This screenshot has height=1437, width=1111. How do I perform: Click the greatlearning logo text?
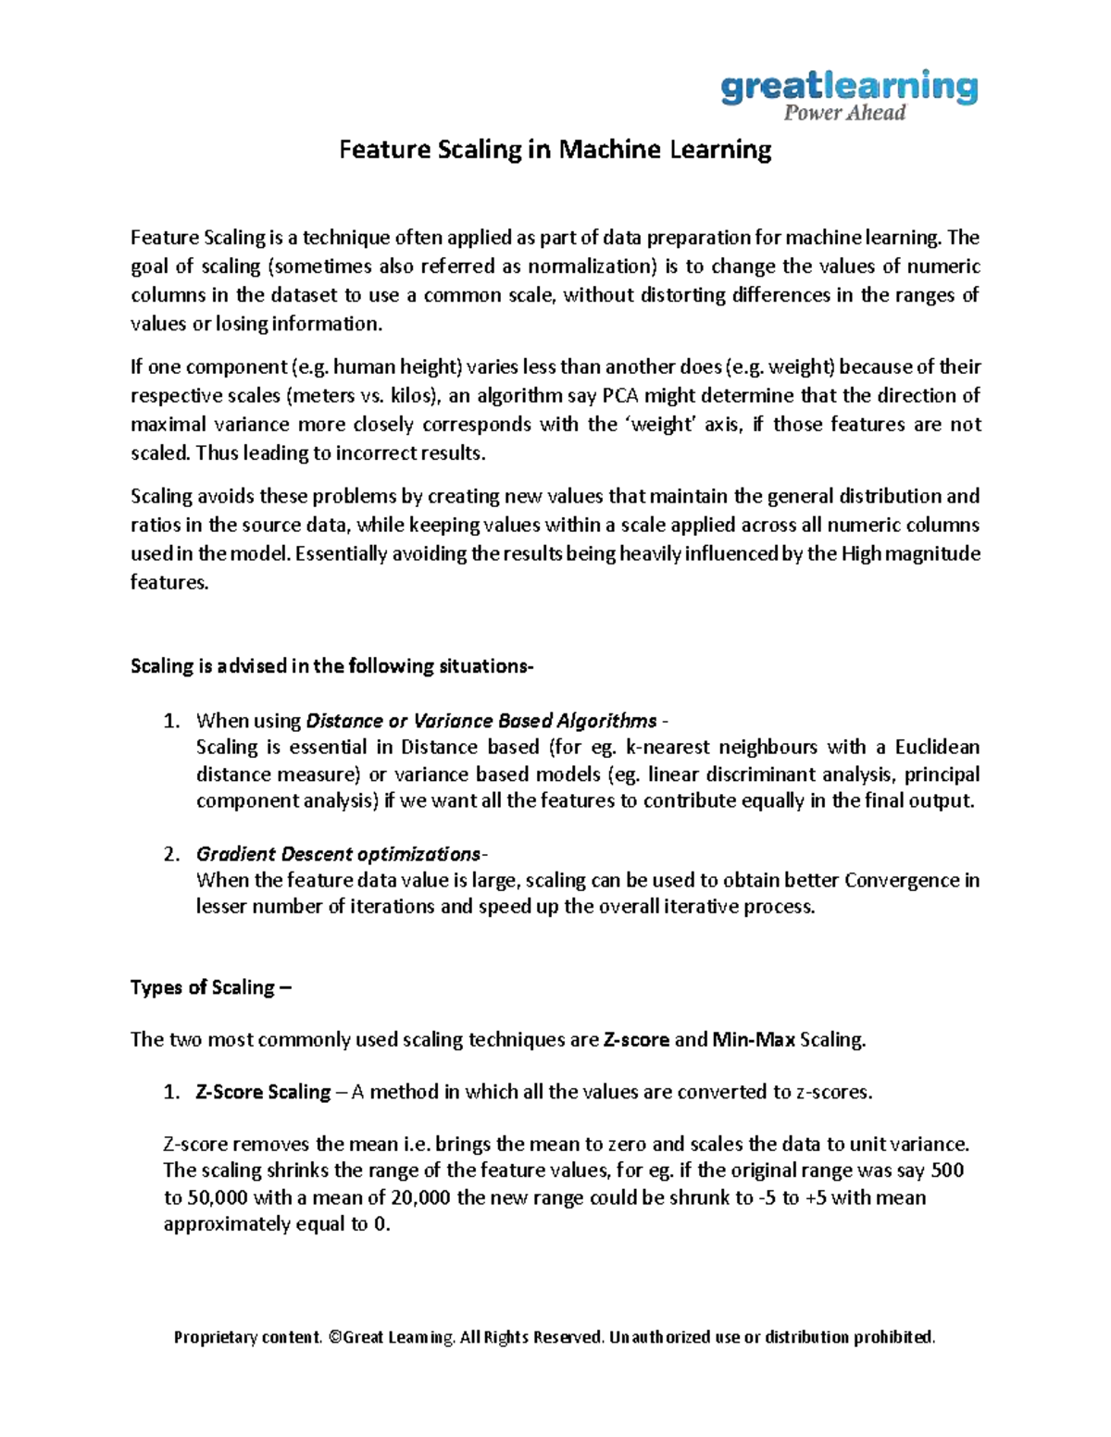848,87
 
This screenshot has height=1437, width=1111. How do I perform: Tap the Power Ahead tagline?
843,114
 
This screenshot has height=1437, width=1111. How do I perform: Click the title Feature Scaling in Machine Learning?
555,150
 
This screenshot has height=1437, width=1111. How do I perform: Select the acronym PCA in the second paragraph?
620,396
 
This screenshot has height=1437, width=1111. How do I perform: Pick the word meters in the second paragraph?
320,396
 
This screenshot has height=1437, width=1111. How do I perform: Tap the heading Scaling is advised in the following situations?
332,666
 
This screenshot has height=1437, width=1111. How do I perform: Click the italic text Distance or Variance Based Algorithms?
481,720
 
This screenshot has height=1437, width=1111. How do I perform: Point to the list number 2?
170,853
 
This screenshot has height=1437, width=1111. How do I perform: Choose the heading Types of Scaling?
210,987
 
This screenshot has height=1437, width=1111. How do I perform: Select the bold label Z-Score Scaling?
263,1092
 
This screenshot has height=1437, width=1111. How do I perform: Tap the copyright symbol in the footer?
334,1337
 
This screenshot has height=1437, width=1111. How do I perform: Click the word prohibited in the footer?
894,1337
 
